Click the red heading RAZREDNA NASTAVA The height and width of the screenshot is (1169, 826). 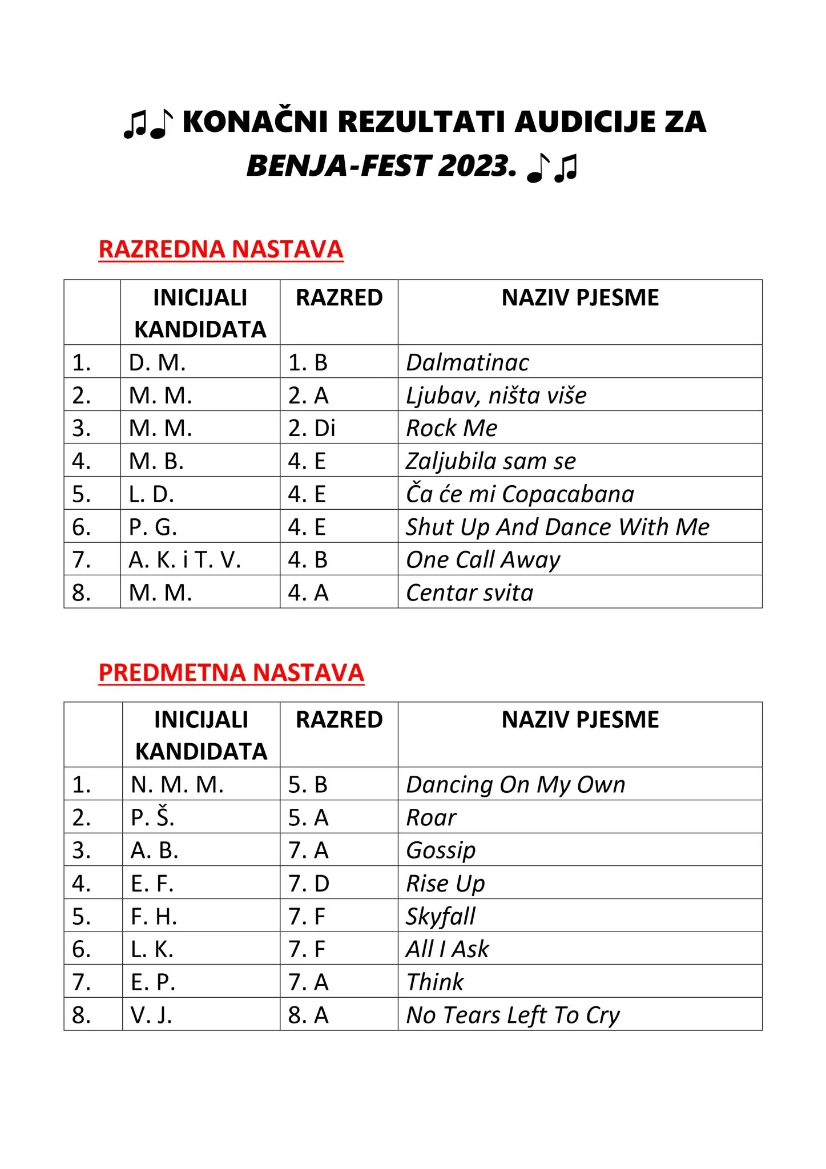221,249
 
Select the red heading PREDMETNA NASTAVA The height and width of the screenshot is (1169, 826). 231,672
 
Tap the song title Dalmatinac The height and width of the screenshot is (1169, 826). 467,362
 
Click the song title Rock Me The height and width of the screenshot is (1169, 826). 452,428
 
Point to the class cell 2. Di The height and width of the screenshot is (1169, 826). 312,428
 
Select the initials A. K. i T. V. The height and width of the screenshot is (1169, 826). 185,560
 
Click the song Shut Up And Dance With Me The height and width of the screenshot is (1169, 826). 557,527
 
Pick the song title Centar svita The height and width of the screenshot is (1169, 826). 469,592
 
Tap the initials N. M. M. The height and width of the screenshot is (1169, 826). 177,785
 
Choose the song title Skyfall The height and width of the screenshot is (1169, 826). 440,917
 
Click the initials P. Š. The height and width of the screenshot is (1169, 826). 152,817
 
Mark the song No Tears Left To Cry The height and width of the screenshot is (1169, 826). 513,1015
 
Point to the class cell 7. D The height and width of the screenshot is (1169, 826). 309,884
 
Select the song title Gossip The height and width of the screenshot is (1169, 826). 440,850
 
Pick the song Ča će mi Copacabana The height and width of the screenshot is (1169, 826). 519,494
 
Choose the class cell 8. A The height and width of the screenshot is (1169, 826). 308,1015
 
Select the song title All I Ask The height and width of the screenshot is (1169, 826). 447,949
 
